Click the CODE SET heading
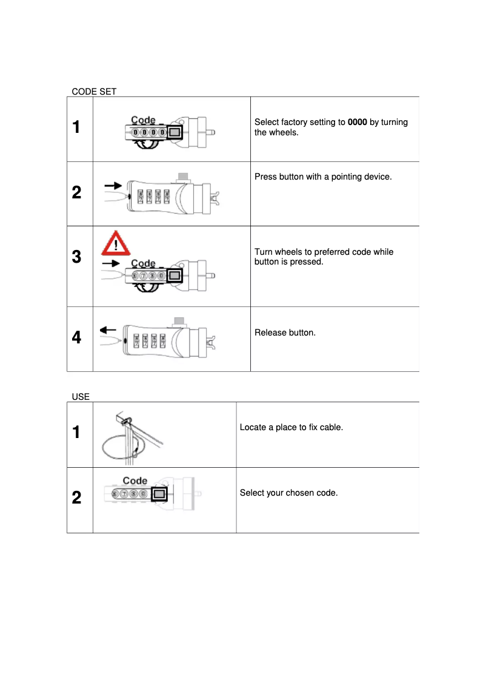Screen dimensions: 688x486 click(x=94, y=92)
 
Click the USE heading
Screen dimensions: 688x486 click(x=81, y=397)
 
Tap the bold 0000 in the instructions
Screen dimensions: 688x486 click(x=357, y=123)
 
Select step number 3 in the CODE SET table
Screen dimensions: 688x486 click(x=76, y=257)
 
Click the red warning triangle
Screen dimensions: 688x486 click(x=115, y=243)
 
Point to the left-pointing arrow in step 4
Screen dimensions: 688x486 click(x=108, y=330)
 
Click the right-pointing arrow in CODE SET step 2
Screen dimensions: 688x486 click(x=113, y=184)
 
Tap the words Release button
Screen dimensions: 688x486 click(x=285, y=332)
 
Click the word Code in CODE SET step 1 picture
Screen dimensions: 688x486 click(x=144, y=121)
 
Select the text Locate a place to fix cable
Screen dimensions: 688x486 click(x=291, y=428)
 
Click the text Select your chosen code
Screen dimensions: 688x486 click(x=288, y=493)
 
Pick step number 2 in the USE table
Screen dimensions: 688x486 click(x=76, y=498)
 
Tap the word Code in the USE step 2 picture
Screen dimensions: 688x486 click(x=135, y=481)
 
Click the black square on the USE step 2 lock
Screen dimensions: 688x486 click(x=159, y=494)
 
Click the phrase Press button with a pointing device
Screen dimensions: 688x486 click(x=323, y=177)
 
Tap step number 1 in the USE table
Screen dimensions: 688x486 click(x=76, y=433)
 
